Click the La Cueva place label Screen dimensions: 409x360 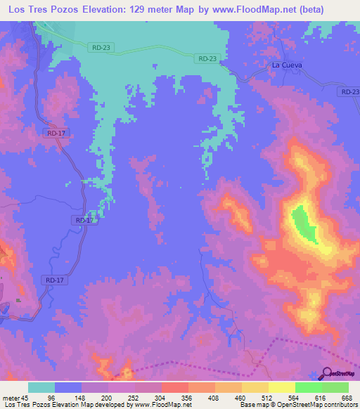pos(288,65)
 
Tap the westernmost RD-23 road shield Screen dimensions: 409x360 pos(102,48)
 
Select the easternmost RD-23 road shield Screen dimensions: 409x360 pos(349,92)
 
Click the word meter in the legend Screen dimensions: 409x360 pos(10,397)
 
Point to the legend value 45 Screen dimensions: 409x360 pos(27,397)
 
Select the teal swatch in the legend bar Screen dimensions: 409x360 pos(41,387)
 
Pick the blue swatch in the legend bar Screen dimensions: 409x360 pos(68,387)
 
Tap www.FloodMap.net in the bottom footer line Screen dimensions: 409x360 pos(151,405)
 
